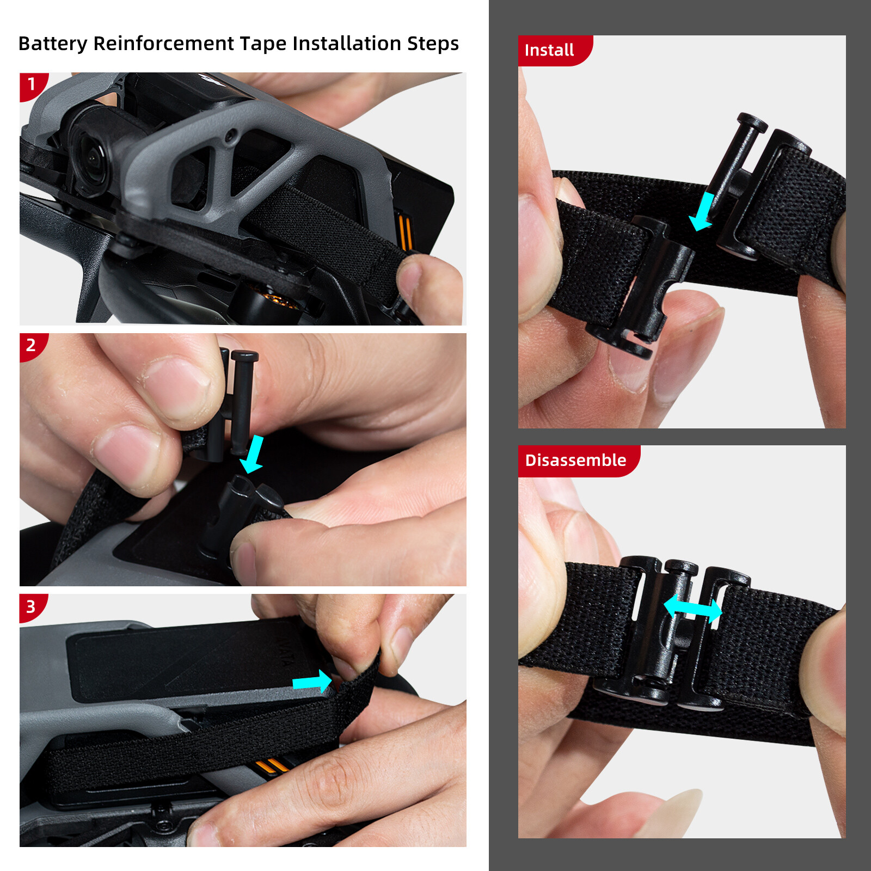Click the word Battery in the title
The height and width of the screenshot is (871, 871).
coord(53,44)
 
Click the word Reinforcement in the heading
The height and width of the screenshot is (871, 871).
coord(163,44)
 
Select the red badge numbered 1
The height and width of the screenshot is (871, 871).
coord(33,86)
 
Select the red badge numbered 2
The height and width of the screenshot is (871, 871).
coord(33,347)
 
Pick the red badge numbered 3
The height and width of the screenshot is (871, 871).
coord(33,608)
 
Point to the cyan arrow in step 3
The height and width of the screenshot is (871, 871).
coord(312,682)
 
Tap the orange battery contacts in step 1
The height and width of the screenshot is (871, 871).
coord(406,231)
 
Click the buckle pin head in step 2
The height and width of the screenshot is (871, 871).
coord(244,355)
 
